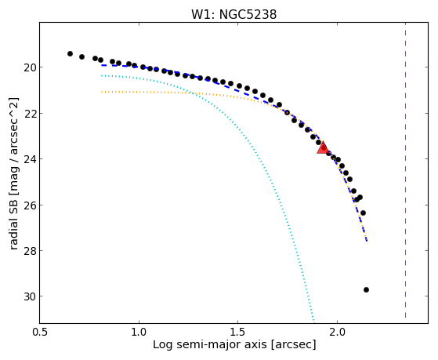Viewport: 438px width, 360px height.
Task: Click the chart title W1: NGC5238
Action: [233, 14]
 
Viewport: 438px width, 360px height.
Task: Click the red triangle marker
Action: [323, 148]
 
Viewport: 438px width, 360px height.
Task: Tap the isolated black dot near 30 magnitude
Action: [366, 289]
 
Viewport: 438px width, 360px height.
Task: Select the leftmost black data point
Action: [70, 53]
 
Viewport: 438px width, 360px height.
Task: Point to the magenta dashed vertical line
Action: [405, 171]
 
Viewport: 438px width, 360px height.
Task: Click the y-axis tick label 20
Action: [30, 67]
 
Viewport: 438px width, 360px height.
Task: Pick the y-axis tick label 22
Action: [30, 113]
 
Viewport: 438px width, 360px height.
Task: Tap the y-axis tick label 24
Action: [30, 159]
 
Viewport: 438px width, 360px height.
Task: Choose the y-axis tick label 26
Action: [30, 205]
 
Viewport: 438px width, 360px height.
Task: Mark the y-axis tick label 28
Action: [30, 251]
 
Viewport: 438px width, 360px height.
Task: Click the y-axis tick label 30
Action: [30, 296]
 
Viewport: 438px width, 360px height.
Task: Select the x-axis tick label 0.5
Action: [40, 333]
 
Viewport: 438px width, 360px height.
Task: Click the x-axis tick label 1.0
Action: [139, 333]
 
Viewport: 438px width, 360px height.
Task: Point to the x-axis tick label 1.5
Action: [237, 333]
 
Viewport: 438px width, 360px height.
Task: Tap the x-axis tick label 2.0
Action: [337, 333]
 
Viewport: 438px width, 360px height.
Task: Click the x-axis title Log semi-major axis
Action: [210, 344]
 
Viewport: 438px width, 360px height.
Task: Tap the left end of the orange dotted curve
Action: [102, 92]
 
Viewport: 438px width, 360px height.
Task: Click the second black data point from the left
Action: [81, 56]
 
